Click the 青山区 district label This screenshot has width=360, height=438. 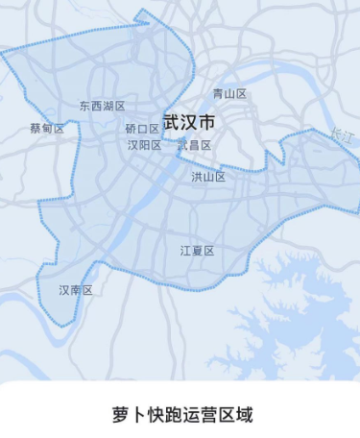coord(229,94)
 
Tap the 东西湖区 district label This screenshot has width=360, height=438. coord(103,107)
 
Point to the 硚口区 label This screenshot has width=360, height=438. coord(142,129)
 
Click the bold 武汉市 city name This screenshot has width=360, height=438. coord(189,123)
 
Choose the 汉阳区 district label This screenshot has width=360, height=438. coord(144,145)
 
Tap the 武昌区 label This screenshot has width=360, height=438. coord(194,145)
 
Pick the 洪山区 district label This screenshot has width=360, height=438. coord(208,177)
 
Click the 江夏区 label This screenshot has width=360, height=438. coord(197,251)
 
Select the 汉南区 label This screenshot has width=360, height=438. coord(75,290)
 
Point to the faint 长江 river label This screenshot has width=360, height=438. coord(340,136)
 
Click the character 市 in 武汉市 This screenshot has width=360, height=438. coord(206,123)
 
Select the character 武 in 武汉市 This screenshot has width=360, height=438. coord(172,123)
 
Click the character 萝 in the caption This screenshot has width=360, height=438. coord(122,415)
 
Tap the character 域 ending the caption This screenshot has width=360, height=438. coord(247,415)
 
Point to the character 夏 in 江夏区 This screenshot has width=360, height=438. coord(197,251)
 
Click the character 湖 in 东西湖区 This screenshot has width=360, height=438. coord(108,107)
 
